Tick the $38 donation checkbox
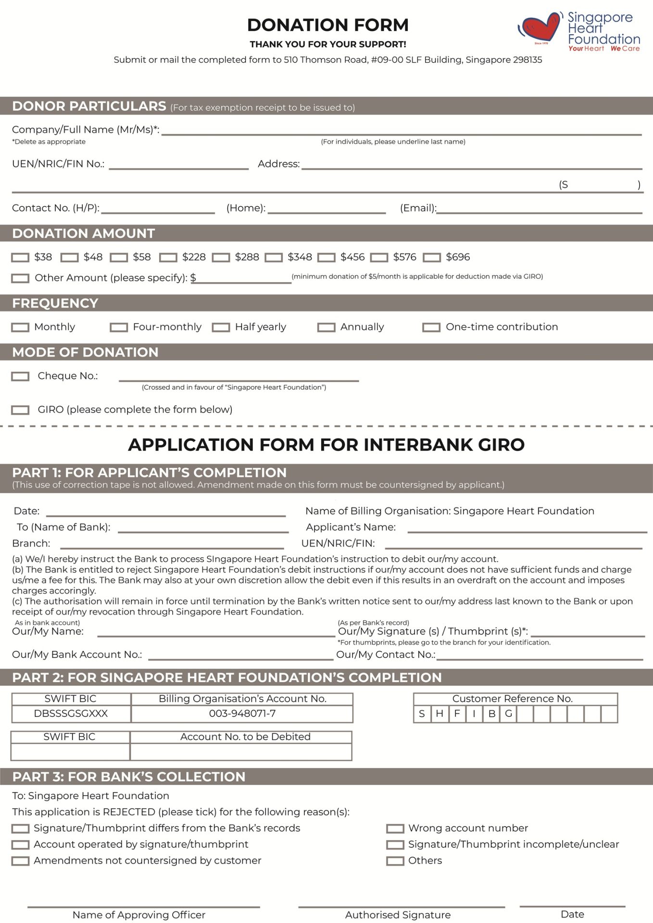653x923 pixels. tap(20, 258)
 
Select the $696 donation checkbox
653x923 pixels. tap(431, 258)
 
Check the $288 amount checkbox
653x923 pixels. tap(221, 258)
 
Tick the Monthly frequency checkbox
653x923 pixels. tap(20, 327)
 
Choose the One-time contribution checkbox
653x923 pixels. tap(431, 327)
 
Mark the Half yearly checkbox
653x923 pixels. tap(221, 327)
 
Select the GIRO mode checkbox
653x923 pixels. tap(20, 410)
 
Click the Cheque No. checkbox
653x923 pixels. tap(20, 376)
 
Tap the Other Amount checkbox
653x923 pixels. tap(20, 278)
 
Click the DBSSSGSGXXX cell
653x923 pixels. tap(71, 714)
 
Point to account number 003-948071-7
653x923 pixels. tap(242, 714)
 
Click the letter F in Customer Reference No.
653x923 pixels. tap(457, 714)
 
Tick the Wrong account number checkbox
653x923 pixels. tap(395, 829)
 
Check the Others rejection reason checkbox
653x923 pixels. tap(395, 861)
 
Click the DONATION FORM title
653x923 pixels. tap(327, 25)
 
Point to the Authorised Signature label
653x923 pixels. tap(398, 915)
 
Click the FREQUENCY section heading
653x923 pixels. tap(55, 303)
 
